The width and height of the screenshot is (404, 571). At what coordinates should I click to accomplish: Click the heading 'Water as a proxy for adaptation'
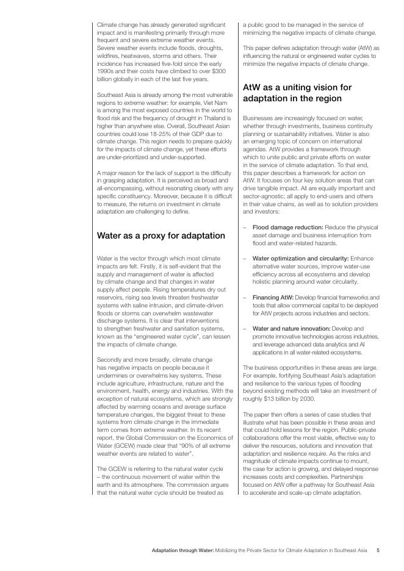tap(161, 235)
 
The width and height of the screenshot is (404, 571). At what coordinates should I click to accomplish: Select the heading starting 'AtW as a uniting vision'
tap(297, 93)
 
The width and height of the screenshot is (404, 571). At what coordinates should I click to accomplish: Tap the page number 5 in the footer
tap(378, 550)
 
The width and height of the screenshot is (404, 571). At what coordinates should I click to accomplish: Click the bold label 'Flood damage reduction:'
tap(288, 227)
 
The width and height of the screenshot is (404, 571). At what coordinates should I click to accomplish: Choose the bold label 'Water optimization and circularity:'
tap(300, 258)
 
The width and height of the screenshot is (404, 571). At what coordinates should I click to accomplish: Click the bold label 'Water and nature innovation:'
tap(291, 328)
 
